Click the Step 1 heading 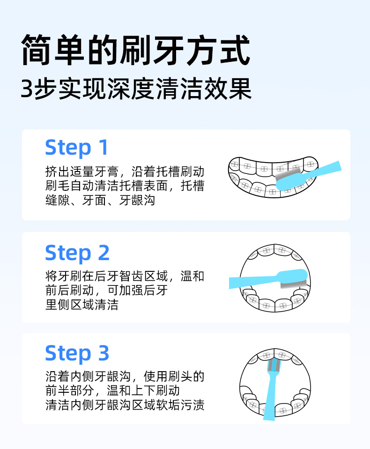coord(77,148)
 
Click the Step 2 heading coord(77,253)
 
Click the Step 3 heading coord(77,353)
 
